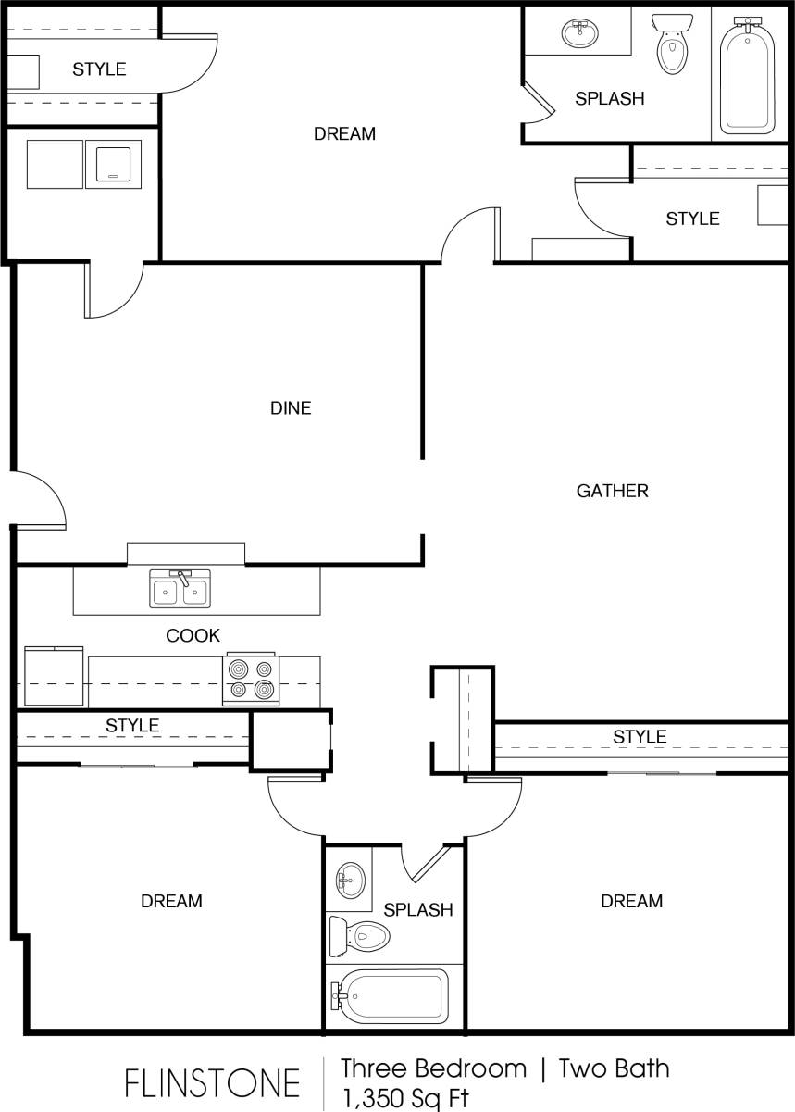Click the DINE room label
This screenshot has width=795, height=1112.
click(x=291, y=407)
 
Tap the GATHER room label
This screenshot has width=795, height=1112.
click(x=612, y=491)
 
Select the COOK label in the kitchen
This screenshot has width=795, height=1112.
click(x=193, y=635)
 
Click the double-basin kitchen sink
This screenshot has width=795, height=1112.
click(x=180, y=591)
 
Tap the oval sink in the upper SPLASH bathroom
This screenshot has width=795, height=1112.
click(x=580, y=33)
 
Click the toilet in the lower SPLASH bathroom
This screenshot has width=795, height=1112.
click(x=360, y=936)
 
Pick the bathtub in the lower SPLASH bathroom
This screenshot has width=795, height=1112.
click(x=390, y=996)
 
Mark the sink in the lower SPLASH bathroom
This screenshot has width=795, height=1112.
click(x=350, y=879)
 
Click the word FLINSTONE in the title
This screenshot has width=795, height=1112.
click(x=213, y=1082)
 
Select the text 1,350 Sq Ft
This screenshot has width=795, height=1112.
click(x=404, y=1099)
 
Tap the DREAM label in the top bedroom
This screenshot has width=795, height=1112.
click(x=344, y=133)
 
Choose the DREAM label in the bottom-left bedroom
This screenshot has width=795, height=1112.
click(x=171, y=901)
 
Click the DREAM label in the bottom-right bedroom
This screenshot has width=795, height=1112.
click(x=631, y=901)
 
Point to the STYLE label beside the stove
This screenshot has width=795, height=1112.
click(x=132, y=725)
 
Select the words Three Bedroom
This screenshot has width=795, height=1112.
click(x=433, y=1068)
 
